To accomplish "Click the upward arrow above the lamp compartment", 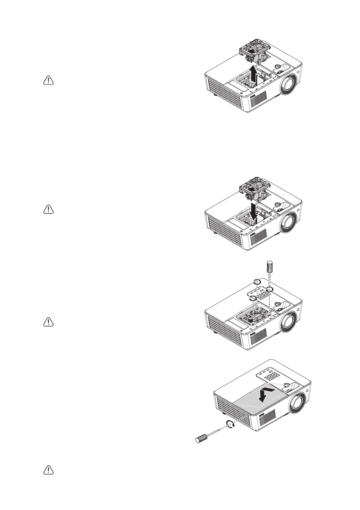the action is pos(255,77).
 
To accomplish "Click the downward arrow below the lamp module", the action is pos(255,210).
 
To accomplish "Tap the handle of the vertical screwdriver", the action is pos(270,266).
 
